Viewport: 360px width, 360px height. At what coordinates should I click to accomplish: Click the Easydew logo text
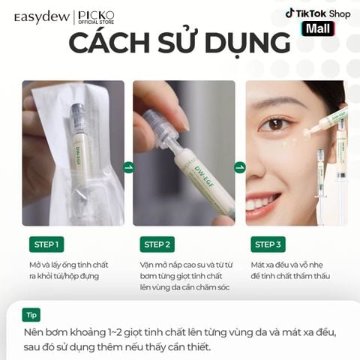pyautogui.click(x=42, y=17)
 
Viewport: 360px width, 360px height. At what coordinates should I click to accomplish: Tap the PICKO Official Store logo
pyautogui.click(x=96, y=17)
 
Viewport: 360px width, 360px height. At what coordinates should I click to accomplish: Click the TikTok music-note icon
pyautogui.click(x=289, y=13)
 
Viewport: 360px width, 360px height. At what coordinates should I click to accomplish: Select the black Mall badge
pyautogui.click(x=318, y=28)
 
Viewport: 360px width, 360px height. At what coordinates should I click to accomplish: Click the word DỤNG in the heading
pyautogui.click(x=247, y=43)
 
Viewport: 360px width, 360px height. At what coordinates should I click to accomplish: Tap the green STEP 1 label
pyautogui.click(x=46, y=244)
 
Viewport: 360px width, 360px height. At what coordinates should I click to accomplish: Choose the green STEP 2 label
pyautogui.click(x=157, y=244)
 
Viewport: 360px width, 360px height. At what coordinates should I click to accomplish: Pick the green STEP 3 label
pyautogui.click(x=268, y=244)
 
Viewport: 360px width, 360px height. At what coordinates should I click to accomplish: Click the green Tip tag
pyautogui.click(x=31, y=315)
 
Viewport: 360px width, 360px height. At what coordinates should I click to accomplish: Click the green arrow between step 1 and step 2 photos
pyautogui.click(x=129, y=167)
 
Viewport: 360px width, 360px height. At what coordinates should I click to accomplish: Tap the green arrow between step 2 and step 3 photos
pyautogui.click(x=240, y=167)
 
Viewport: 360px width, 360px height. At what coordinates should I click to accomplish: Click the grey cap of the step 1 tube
pyautogui.click(x=76, y=112)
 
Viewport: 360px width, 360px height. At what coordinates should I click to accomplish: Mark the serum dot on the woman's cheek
pyautogui.click(x=306, y=133)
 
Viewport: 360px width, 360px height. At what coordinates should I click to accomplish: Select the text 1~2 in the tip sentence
pyautogui.click(x=115, y=333)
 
